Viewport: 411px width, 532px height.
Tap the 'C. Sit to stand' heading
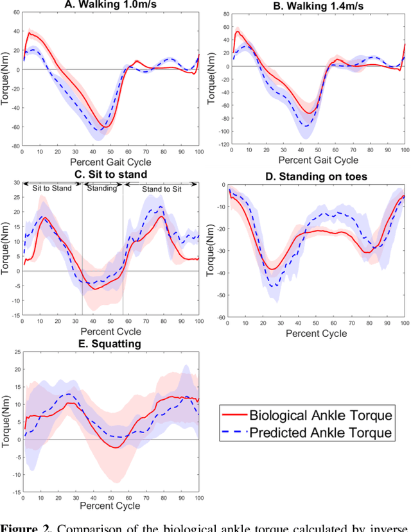[x=110, y=174]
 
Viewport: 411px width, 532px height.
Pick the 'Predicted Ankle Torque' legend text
[x=321, y=433]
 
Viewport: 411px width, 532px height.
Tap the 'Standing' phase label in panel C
[x=102, y=189]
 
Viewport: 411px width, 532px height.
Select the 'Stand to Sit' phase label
[x=161, y=189]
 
